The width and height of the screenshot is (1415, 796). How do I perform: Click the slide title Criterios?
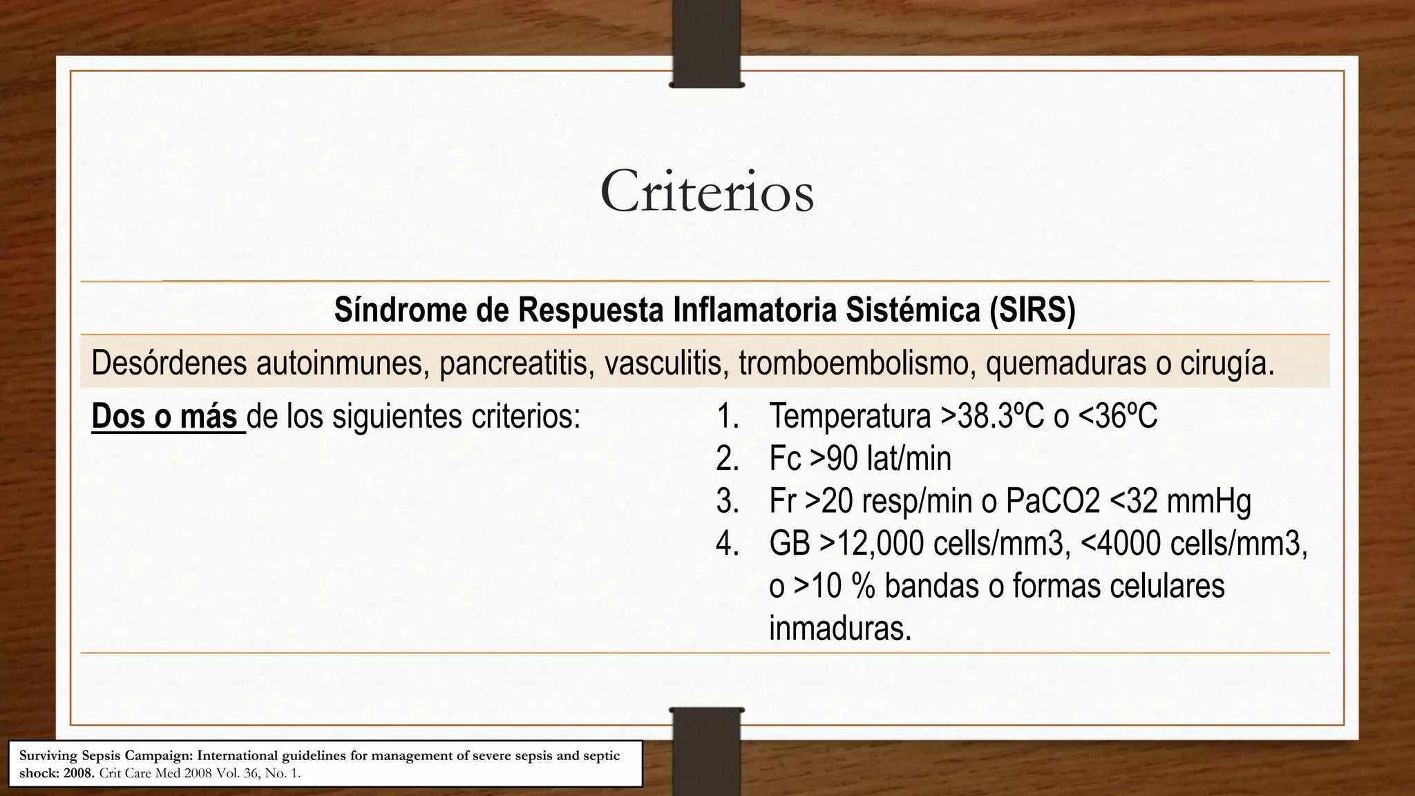pyautogui.click(x=707, y=192)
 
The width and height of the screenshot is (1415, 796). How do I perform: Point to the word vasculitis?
pyautogui.click(x=664, y=363)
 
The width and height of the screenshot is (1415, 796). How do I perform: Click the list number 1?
pyautogui.click(x=727, y=417)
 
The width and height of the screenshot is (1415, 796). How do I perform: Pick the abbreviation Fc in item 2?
pyautogui.click(x=785, y=459)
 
